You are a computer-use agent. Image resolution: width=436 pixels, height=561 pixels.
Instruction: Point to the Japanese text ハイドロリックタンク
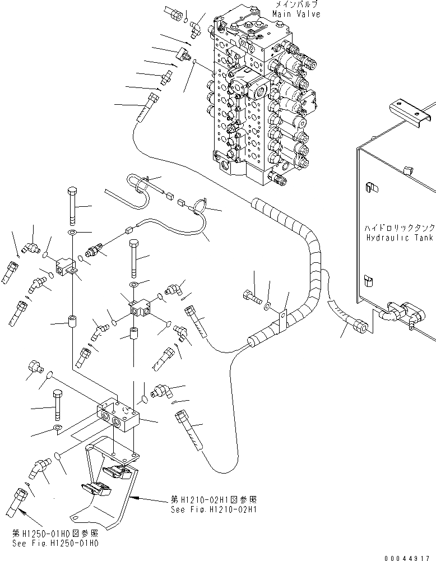pos(399,229)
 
